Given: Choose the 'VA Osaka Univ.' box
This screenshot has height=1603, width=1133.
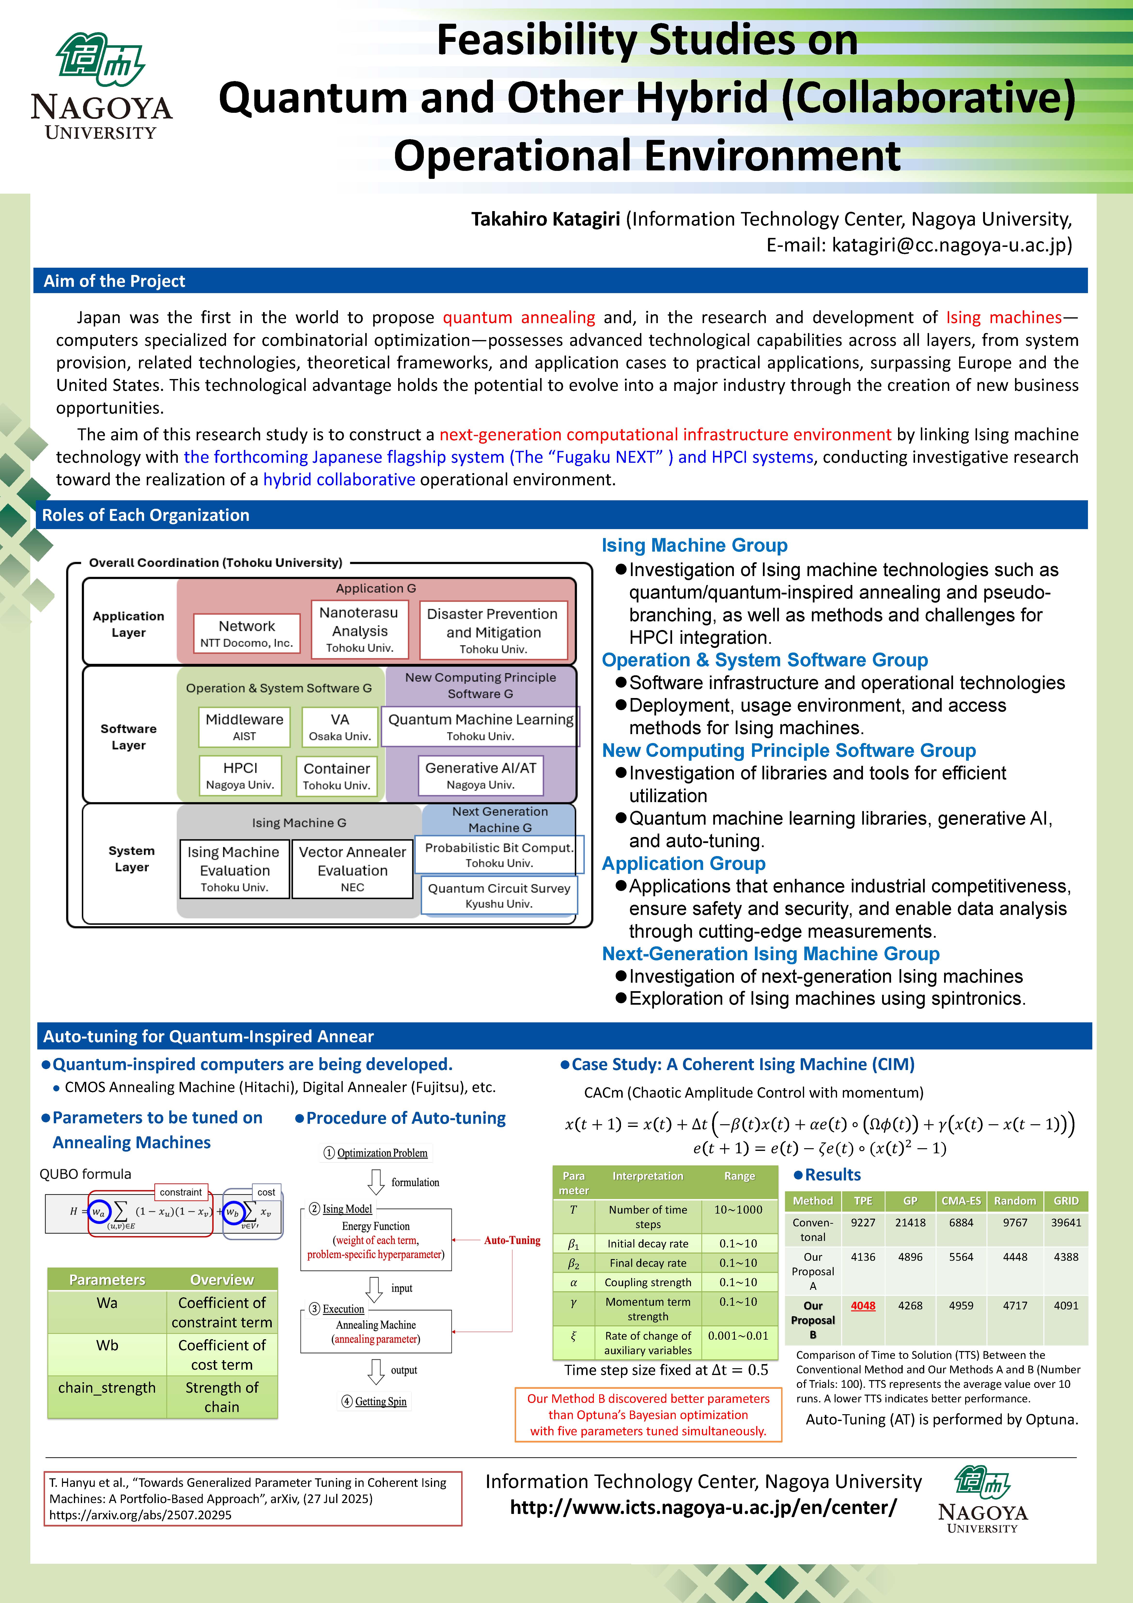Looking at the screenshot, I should tap(340, 726).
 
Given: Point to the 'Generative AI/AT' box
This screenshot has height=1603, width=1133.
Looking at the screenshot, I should tap(481, 775).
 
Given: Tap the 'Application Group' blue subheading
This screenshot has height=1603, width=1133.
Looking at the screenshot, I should tap(683, 864).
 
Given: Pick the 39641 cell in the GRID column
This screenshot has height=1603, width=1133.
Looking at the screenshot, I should tap(1066, 1223).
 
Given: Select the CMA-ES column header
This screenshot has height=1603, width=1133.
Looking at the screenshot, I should tap(961, 1201).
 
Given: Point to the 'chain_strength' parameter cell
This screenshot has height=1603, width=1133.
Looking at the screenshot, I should tap(107, 1388).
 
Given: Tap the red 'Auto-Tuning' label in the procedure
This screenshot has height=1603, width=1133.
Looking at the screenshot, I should tap(512, 1240).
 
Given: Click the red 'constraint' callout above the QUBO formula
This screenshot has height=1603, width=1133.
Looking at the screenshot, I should tap(180, 1192).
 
